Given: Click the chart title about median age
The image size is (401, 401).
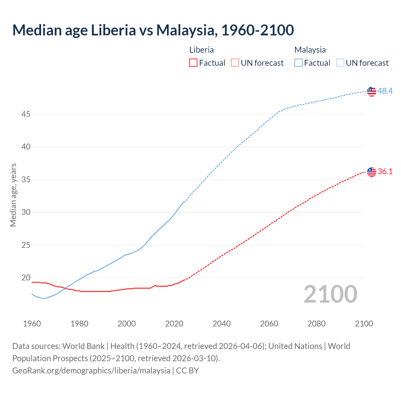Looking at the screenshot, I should (x=153, y=30).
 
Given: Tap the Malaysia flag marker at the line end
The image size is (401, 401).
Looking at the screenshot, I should (x=372, y=91).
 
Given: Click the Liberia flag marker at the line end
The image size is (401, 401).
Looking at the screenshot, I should (x=372, y=172).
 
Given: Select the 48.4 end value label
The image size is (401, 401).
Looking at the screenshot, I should (x=385, y=91).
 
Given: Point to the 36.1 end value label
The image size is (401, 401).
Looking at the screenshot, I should (x=385, y=171).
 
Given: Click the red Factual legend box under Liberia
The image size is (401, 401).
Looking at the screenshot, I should (x=193, y=63).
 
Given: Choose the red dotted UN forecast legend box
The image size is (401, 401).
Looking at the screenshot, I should (x=235, y=63).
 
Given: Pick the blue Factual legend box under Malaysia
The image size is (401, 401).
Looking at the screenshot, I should (x=299, y=63).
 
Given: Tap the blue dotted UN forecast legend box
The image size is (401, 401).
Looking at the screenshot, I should (x=340, y=63).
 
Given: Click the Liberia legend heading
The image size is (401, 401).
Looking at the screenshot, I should (x=201, y=50).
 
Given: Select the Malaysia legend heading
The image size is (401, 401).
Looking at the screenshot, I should (x=310, y=50).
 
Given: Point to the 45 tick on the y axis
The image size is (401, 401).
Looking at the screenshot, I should (x=26, y=114).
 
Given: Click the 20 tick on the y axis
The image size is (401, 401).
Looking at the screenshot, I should (x=26, y=278).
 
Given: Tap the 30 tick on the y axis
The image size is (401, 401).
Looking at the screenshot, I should (x=26, y=212).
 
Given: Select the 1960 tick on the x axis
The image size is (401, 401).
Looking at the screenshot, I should (x=32, y=324).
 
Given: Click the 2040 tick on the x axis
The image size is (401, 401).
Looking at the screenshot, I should (x=221, y=324).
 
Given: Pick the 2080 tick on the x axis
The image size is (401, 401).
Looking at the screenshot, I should (x=316, y=324).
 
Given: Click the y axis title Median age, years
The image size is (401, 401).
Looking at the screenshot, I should (x=13, y=195).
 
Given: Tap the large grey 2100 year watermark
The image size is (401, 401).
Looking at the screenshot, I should (x=330, y=294).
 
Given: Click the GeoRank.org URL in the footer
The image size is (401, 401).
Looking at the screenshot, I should (x=91, y=370).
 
